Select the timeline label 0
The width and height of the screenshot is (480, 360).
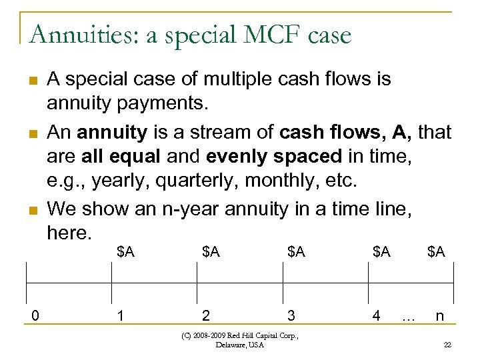pyautogui.click(x=34, y=315)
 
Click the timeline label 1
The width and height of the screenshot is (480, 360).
pyautogui.click(x=120, y=315)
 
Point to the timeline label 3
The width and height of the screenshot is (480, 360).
pyautogui.click(x=291, y=315)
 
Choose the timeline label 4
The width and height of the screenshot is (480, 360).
pyautogui.click(x=377, y=315)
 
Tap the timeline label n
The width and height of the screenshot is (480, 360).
pyautogui.click(x=440, y=315)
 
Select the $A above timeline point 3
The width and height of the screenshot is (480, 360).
pyautogui.click(x=297, y=251)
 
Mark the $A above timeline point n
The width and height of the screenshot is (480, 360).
pyautogui.click(x=436, y=251)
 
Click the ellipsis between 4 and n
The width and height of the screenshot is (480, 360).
pyautogui.click(x=408, y=317)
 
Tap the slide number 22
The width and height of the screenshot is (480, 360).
pyautogui.click(x=447, y=344)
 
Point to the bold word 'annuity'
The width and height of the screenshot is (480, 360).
pyautogui.click(x=111, y=133)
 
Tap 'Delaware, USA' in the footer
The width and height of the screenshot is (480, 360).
pyautogui.click(x=240, y=345)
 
